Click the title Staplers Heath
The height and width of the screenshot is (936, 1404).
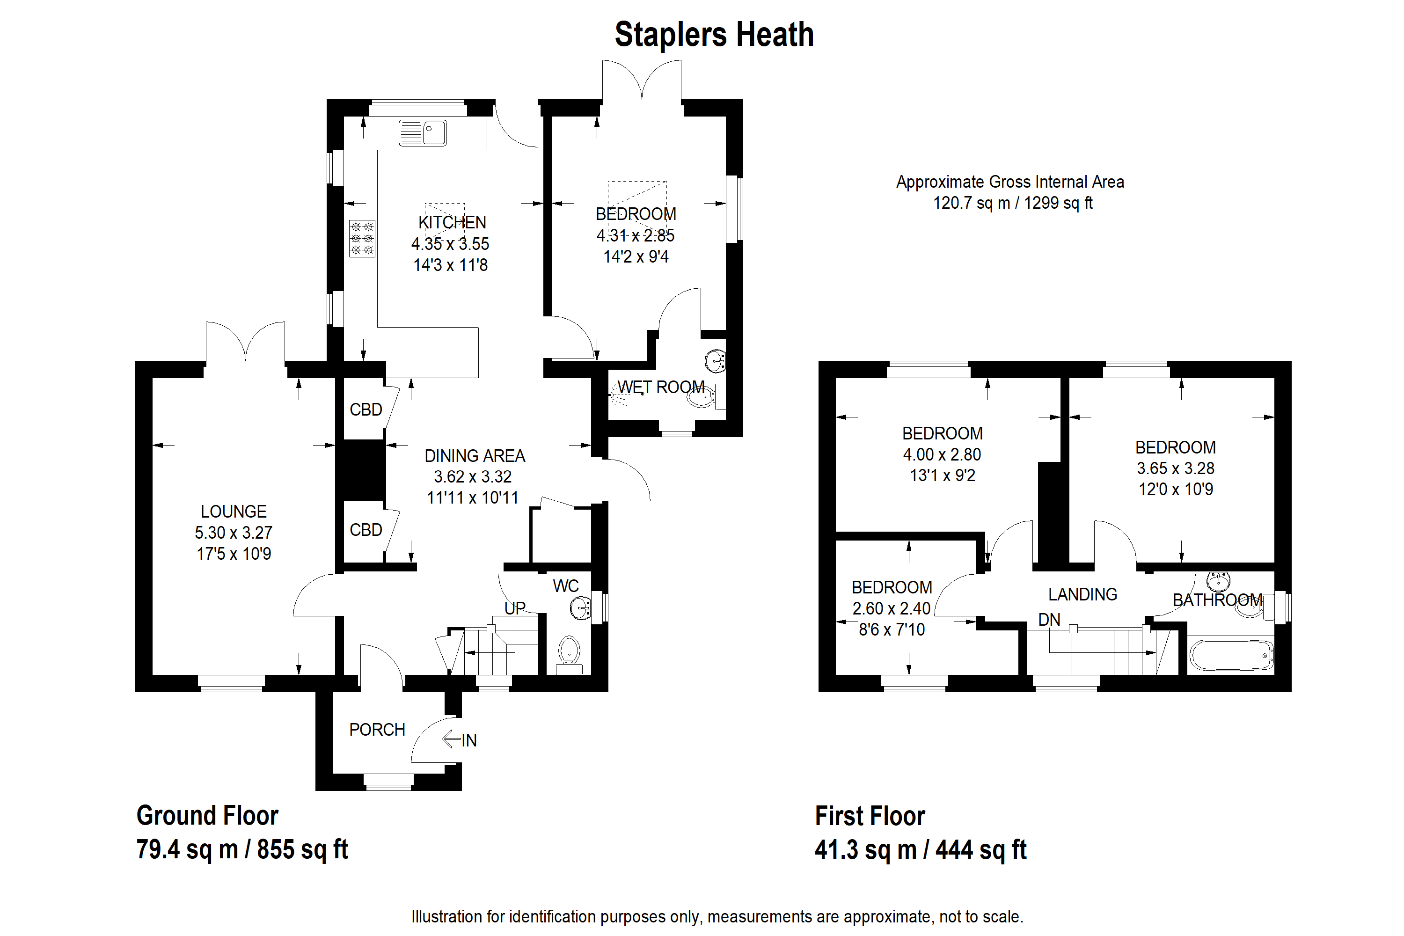714,35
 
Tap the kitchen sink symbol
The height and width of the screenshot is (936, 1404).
423,132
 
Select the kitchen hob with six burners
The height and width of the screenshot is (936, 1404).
362,238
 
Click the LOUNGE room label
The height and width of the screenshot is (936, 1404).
234,512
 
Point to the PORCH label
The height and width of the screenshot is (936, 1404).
377,730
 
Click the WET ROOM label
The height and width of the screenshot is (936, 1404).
661,388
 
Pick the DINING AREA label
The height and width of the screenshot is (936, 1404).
475,456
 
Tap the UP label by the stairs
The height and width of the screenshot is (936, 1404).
514,608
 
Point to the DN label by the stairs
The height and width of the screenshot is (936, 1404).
1049,620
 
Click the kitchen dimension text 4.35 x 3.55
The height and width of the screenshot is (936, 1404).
450,243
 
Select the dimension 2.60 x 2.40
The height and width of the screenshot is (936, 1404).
891,608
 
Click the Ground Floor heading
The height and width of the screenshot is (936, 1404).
207,815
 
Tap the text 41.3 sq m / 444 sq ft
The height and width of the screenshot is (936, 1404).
921,849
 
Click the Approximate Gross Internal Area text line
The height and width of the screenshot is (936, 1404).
1010,182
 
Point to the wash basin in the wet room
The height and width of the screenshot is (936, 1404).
716,360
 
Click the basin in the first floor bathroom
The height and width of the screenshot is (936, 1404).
1218,580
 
